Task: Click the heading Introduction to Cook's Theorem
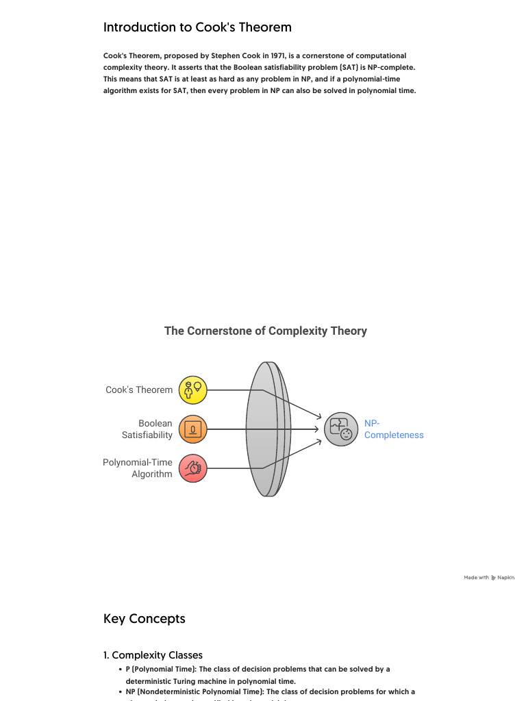(x=197, y=27)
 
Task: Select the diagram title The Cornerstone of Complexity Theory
(x=266, y=331)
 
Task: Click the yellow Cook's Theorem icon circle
(x=192, y=390)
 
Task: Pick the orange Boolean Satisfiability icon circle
(x=192, y=429)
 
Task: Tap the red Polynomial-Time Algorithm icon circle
(x=192, y=468)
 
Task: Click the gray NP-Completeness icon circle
(x=341, y=429)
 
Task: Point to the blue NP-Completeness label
(x=393, y=429)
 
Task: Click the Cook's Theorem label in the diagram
(x=139, y=390)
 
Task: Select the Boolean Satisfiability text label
(x=147, y=429)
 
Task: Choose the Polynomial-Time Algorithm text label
(x=138, y=468)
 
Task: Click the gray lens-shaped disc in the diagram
(x=267, y=429)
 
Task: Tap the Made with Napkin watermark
(x=489, y=578)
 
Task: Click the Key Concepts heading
(x=145, y=619)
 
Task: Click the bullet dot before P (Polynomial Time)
(x=120, y=669)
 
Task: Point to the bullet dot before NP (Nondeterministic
(x=120, y=691)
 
